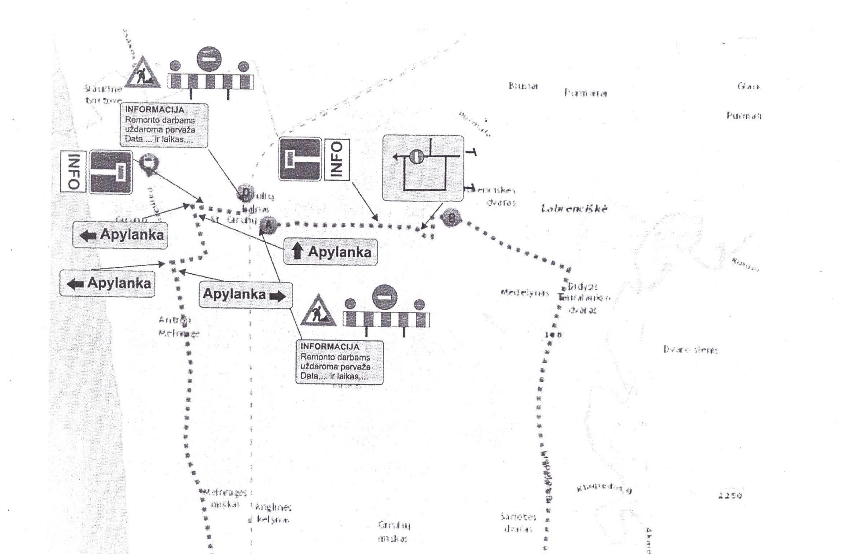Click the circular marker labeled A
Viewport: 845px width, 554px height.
tap(268, 226)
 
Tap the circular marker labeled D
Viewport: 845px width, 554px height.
tap(245, 192)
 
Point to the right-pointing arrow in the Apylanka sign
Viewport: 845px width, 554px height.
tap(277, 296)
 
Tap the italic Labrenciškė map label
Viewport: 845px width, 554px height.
tap(574, 209)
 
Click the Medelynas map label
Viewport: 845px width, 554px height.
tap(524, 293)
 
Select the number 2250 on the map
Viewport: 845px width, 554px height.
tap(730, 495)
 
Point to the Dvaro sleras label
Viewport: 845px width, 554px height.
tap(691, 350)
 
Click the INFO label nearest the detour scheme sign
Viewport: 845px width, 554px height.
tap(337, 160)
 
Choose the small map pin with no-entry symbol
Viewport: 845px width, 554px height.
tap(149, 163)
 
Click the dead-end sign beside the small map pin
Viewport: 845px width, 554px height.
tap(111, 172)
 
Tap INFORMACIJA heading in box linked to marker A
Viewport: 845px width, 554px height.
tap(330, 347)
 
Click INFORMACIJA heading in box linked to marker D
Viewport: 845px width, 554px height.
tap(154, 110)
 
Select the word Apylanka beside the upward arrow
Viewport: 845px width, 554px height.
tap(339, 252)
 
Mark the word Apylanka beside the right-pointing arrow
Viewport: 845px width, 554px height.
tap(234, 294)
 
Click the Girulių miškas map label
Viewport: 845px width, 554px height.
tap(394, 531)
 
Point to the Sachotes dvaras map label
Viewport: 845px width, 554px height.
tap(518, 523)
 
